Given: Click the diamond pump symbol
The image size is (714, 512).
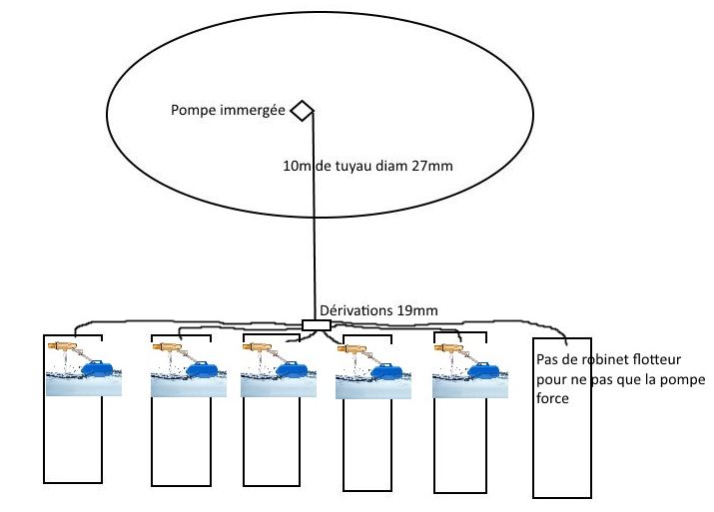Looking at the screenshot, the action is tap(302, 111).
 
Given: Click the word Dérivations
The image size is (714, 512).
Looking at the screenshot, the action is tap(357, 310).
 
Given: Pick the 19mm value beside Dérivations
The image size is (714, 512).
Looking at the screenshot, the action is tap(417, 310).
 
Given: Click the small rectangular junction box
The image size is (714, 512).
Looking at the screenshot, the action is tap(316, 325).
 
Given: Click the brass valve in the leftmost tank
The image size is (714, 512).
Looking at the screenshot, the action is tap(63, 346).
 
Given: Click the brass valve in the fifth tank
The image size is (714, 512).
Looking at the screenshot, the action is tap(448, 348).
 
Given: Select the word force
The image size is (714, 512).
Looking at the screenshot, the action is tap(552, 398).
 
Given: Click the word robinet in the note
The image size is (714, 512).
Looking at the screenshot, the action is tap(600, 359).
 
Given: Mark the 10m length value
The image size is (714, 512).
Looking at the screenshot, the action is tap(296, 166).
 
